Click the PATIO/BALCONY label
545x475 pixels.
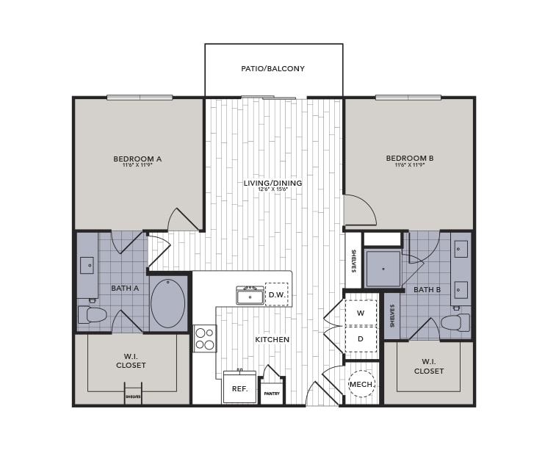point(272,69)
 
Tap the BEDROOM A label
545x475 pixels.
point(137,159)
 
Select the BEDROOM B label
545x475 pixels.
point(410,159)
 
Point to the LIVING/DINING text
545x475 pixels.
point(272,183)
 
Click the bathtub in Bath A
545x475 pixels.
point(168,302)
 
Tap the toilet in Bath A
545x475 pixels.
point(93,315)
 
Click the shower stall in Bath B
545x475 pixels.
point(383,269)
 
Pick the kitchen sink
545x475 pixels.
point(250,296)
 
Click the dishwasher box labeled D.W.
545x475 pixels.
point(276,294)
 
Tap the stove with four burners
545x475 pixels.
point(205,338)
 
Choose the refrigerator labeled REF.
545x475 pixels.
point(239,388)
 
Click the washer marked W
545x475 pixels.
point(361,313)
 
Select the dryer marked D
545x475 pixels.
point(361,339)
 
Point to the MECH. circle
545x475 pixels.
point(361,384)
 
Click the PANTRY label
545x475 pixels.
point(272,394)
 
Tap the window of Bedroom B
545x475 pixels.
point(408,97)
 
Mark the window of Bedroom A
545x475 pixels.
point(139,97)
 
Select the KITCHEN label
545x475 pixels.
point(272,340)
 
